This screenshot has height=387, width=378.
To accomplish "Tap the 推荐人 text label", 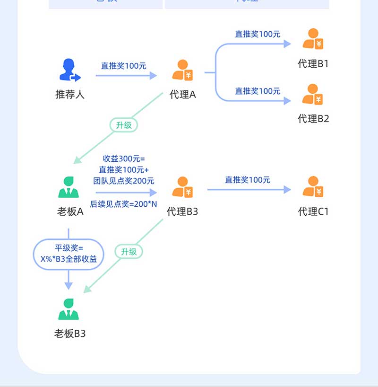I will click(70, 94).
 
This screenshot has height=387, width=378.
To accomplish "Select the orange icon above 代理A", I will click(182, 70).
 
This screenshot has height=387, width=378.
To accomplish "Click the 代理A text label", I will click(182, 94).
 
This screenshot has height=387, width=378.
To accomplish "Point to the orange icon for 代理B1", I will click(313, 39).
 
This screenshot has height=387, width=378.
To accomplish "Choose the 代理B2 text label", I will click(313, 119).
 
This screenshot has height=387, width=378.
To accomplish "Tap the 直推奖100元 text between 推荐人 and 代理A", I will click(124, 66).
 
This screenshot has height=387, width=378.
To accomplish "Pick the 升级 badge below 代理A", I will click(124, 125).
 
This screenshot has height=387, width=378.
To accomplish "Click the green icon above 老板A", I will click(69, 187).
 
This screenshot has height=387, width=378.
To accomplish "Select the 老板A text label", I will click(70, 211).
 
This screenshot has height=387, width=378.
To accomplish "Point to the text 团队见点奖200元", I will click(124, 180).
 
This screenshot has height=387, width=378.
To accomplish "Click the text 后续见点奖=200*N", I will click(124, 204).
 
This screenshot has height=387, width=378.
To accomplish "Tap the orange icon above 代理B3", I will click(182, 187).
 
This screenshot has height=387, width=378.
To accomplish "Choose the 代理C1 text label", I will click(313, 211).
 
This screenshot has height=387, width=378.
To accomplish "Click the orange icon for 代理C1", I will click(313, 187).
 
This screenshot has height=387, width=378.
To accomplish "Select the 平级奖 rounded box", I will click(69, 254).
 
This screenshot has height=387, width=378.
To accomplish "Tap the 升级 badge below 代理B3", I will click(129, 252).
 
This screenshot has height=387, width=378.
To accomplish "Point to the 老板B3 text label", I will click(70, 334).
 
